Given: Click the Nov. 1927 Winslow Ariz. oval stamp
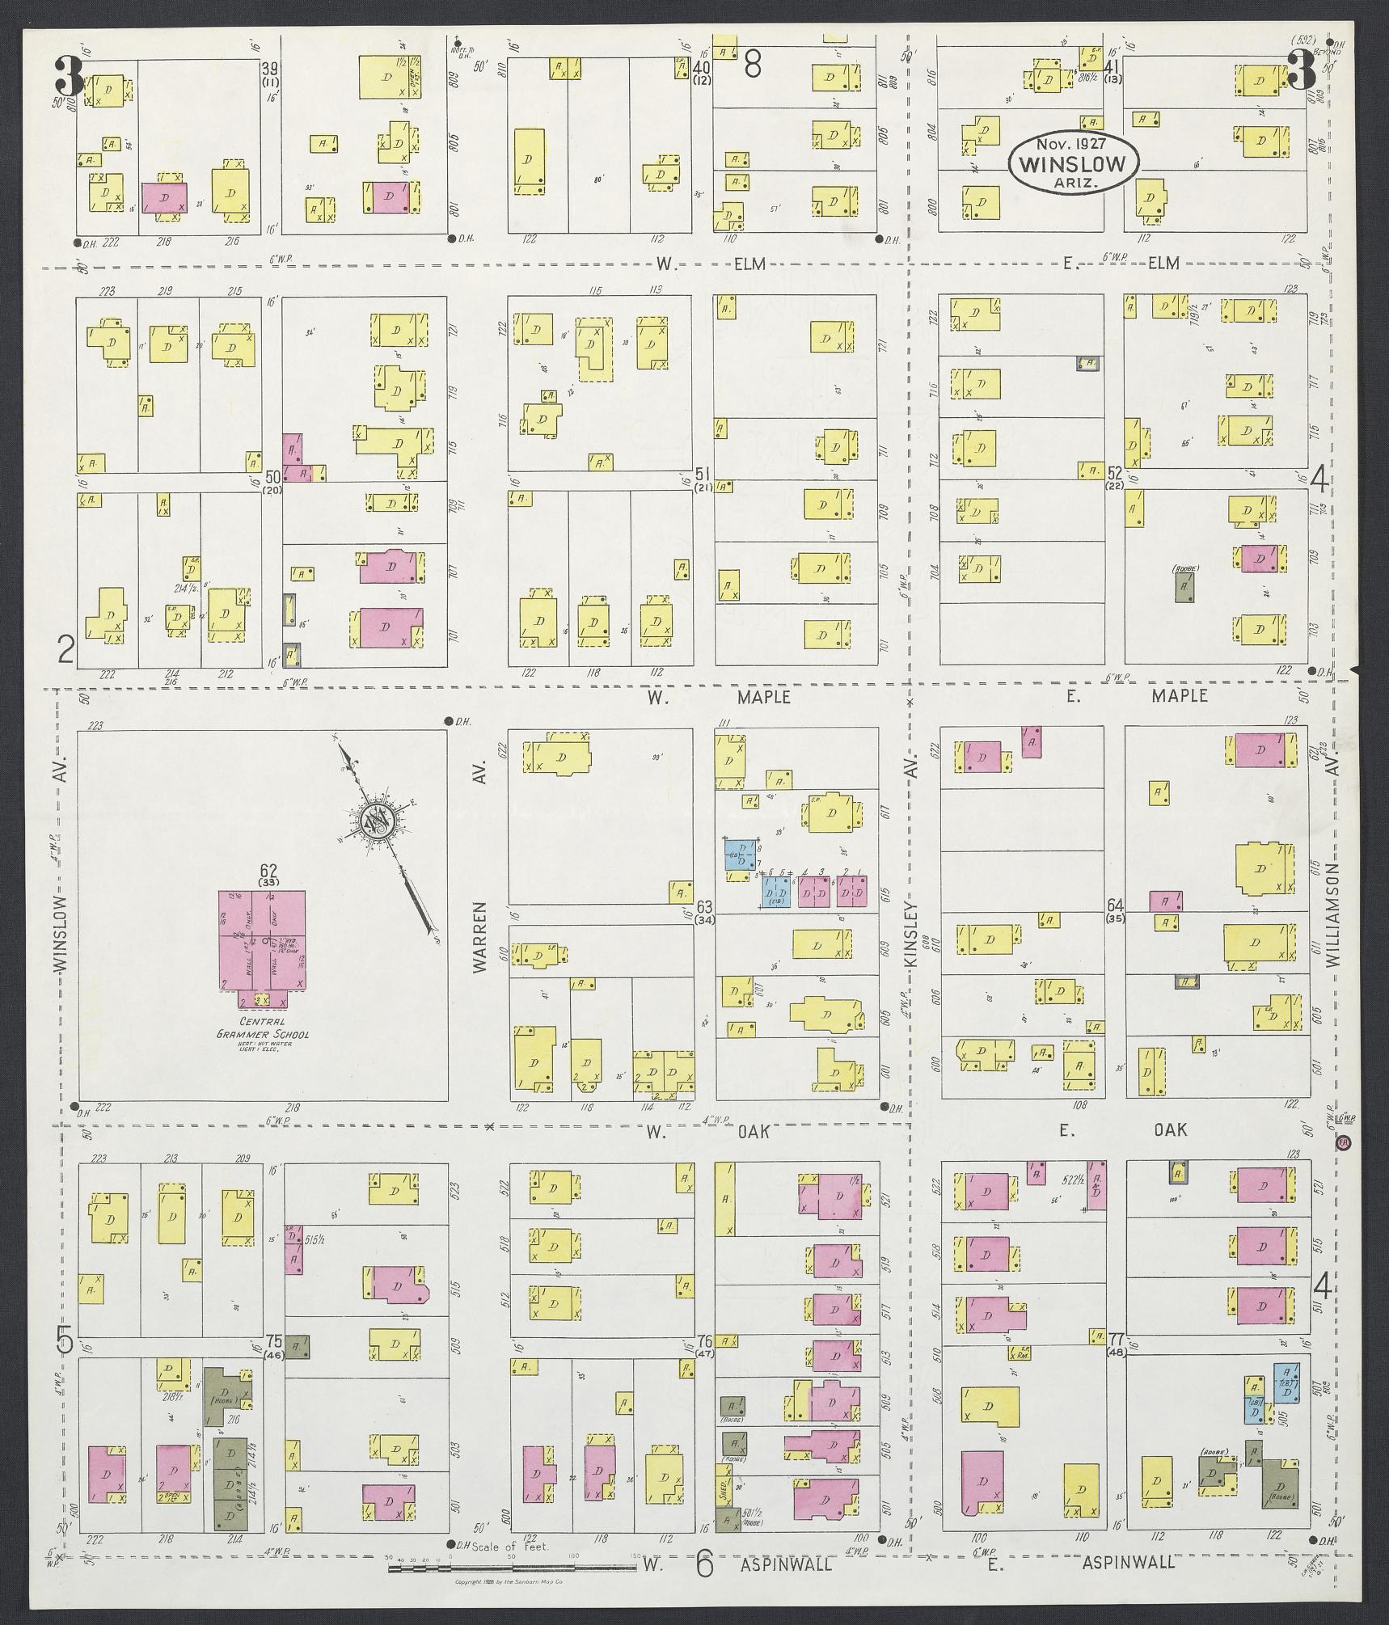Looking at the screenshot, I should [x=1072, y=162].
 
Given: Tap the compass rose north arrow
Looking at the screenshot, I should [x=377, y=823].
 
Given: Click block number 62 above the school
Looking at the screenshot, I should [x=268, y=871].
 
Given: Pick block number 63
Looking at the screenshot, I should [x=704, y=905].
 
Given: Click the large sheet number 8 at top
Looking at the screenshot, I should [x=752, y=65].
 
